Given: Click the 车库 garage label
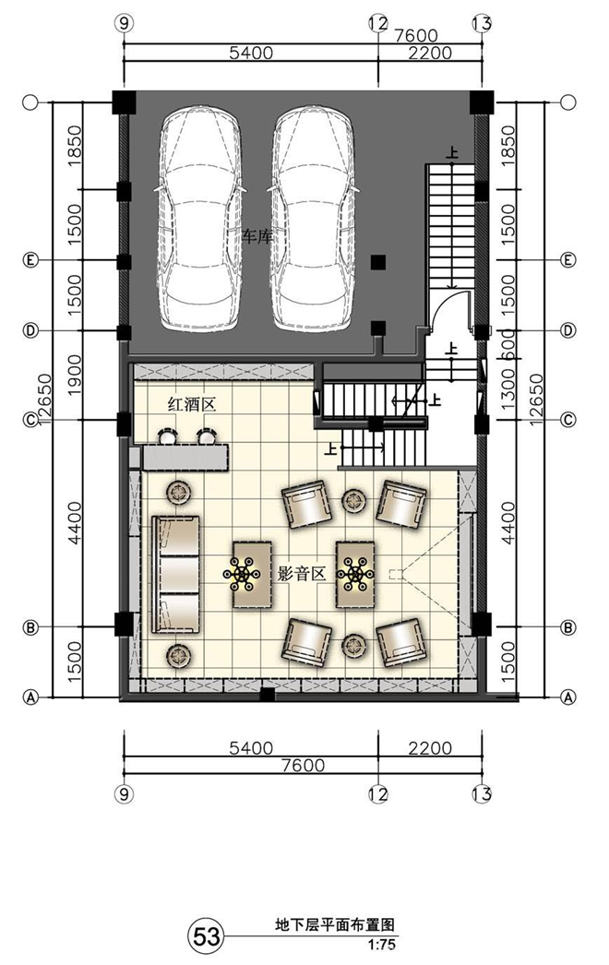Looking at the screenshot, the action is click(x=257, y=236).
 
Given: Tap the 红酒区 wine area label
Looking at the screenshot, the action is click(x=193, y=404).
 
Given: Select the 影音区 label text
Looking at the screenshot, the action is click(x=302, y=574).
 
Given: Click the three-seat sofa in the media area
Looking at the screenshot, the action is click(x=176, y=575).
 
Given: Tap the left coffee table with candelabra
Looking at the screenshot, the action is click(x=253, y=574).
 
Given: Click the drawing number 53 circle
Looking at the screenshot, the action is click(x=207, y=936).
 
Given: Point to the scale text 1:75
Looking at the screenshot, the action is click(x=382, y=945).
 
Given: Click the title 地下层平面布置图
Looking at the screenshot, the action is click(x=334, y=925).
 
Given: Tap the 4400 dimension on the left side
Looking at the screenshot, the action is click(x=75, y=523).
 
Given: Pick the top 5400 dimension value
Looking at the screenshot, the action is click(x=251, y=53).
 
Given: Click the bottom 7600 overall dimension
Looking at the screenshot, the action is click(x=303, y=765).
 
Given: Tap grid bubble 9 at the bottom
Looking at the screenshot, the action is click(x=125, y=794).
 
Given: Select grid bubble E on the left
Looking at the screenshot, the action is click(x=30, y=260).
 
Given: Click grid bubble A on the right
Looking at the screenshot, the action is click(x=568, y=697).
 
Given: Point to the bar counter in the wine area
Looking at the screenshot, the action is click(x=185, y=458).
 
